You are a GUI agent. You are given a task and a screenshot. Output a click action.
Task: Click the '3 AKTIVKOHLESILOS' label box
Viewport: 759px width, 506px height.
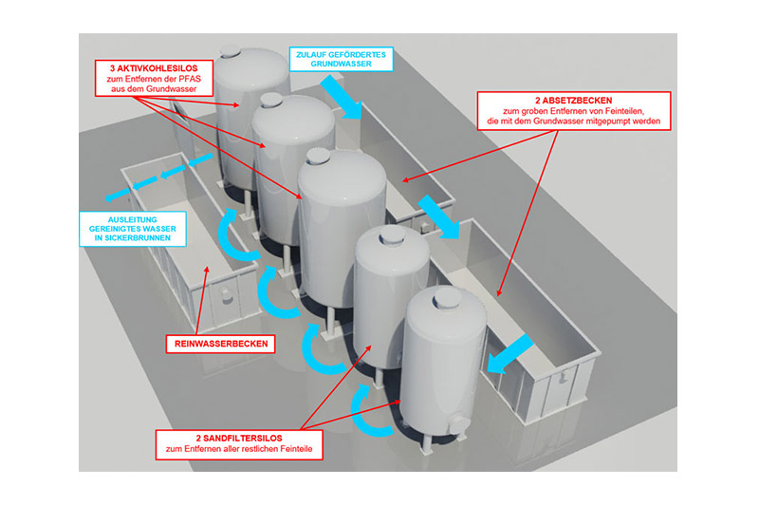(155, 78)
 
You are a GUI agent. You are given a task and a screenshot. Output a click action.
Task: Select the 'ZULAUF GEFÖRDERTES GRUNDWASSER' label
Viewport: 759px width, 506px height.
(341, 60)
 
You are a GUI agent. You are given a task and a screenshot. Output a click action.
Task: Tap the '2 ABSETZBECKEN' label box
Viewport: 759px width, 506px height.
(573, 111)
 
